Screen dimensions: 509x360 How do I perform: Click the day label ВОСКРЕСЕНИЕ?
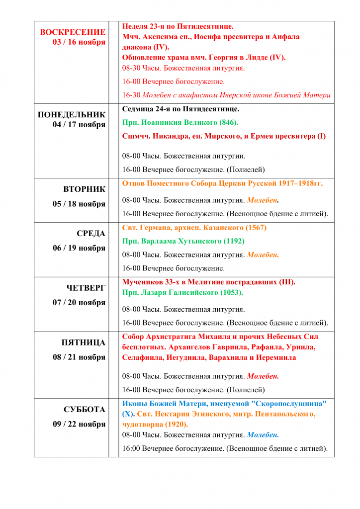tap(73, 32)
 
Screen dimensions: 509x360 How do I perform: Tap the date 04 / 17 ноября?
tap(79, 125)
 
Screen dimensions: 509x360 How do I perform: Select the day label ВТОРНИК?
tap(84, 189)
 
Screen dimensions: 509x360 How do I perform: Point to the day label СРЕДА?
tap(91, 233)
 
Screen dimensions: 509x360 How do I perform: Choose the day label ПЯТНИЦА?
tap(83, 342)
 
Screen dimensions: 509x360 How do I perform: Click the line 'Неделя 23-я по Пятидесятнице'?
tap(178, 26)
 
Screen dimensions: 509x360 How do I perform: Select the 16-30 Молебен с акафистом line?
tap(226, 95)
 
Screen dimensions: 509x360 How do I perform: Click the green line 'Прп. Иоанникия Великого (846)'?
tap(180, 122)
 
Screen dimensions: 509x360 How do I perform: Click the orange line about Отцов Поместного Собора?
tap(222, 183)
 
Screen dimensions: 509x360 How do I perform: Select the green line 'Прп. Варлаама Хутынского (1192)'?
tap(183, 241)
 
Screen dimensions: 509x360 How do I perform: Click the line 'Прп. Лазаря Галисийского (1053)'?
tap(182, 292)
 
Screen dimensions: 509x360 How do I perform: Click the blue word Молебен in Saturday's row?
tap(262, 435)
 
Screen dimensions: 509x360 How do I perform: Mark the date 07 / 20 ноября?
tap(79, 302)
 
